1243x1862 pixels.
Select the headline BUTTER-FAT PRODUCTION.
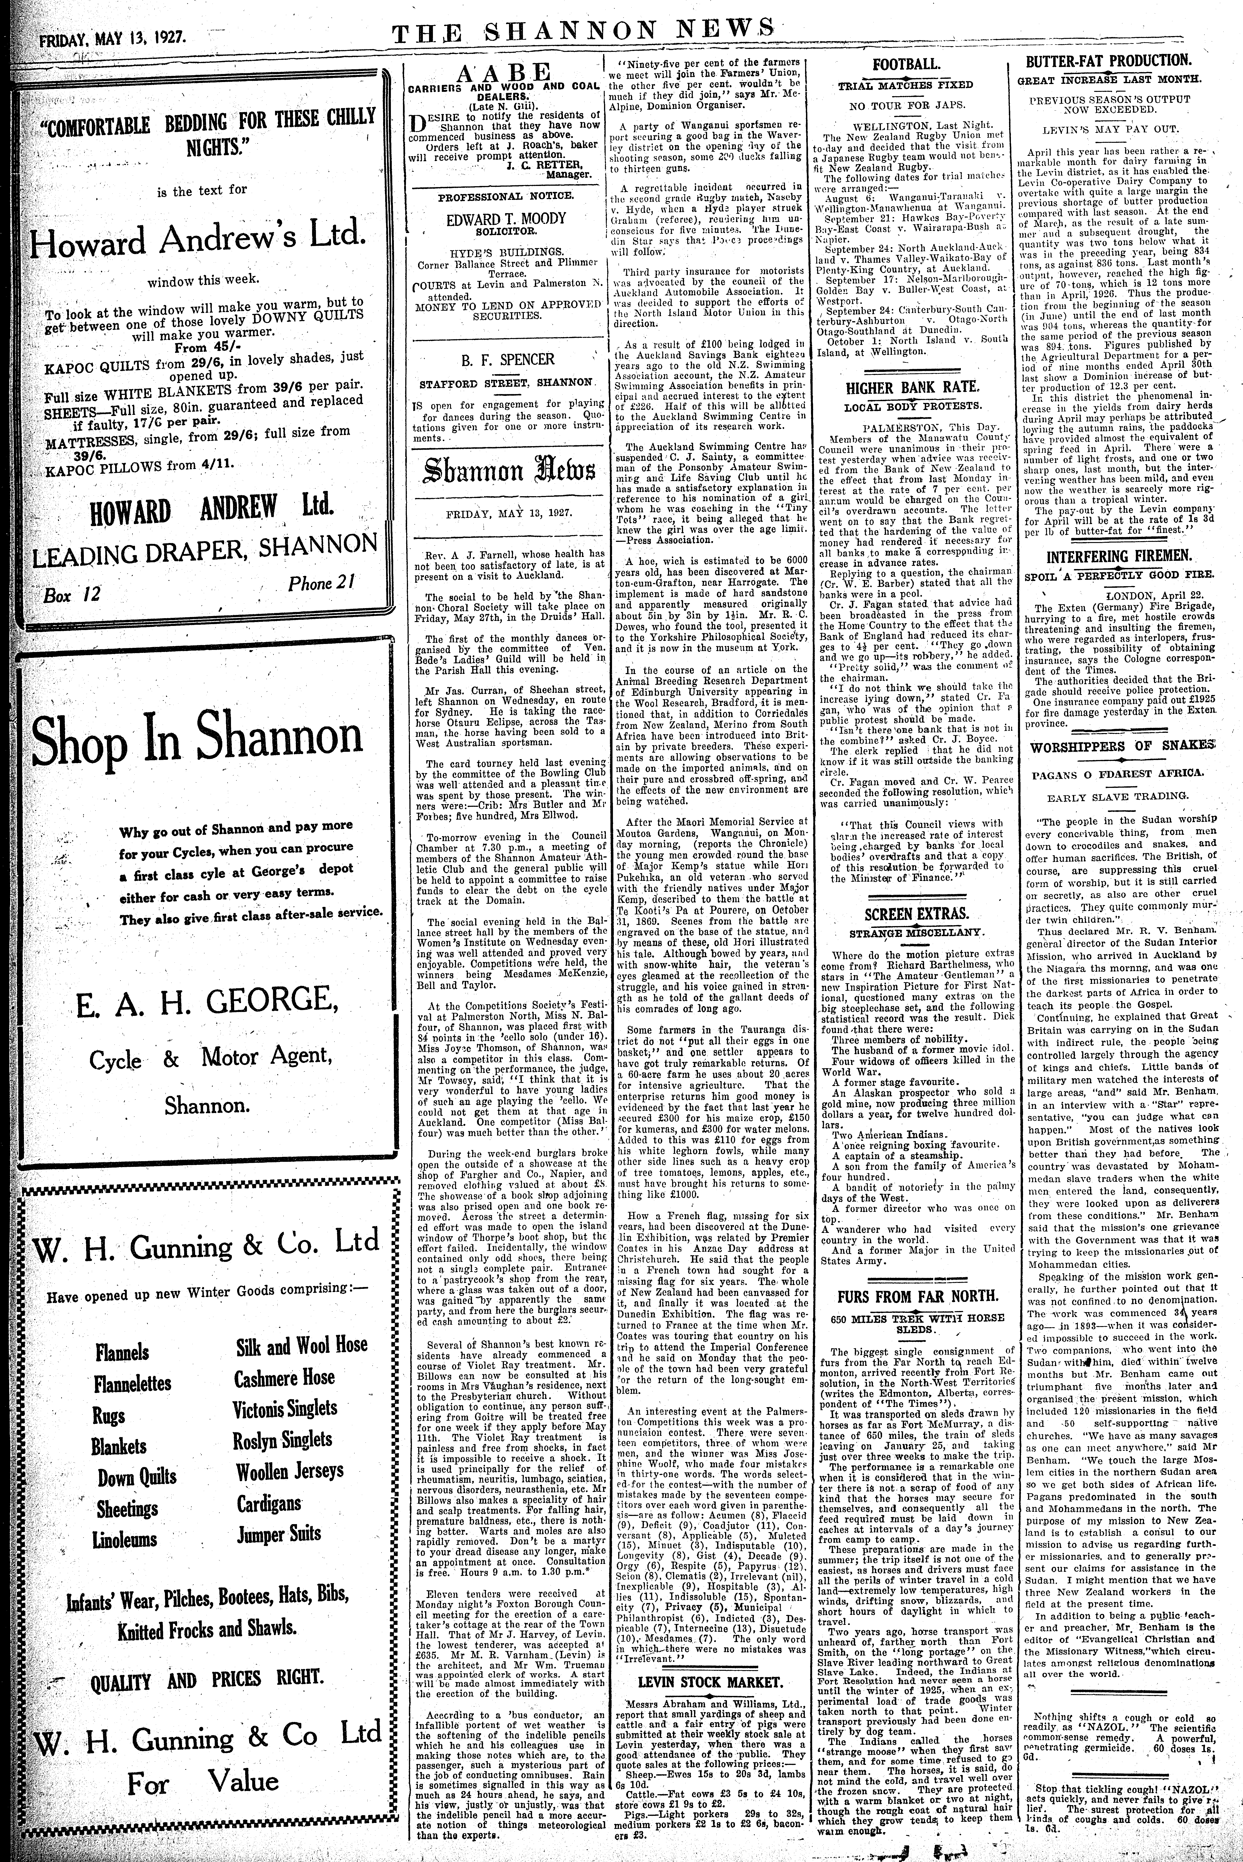coord(1108,60)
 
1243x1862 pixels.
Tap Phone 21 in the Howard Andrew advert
coord(320,583)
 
